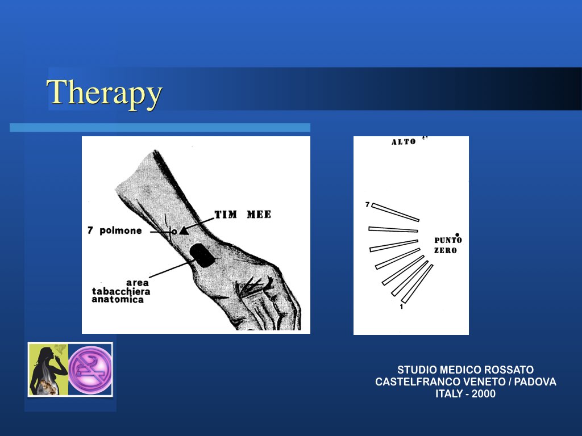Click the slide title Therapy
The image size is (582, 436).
click(x=105, y=92)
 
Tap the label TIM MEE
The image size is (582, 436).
click(x=243, y=214)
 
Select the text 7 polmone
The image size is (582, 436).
click(x=115, y=230)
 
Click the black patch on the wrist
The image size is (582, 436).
click(x=202, y=255)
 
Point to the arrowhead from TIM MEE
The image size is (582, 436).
click(x=184, y=230)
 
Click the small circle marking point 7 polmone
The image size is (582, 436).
click(x=174, y=232)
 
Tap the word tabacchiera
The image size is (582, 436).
click(x=121, y=291)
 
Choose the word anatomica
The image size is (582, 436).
click(x=118, y=300)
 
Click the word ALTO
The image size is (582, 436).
click(x=404, y=142)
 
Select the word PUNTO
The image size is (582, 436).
click(x=448, y=240)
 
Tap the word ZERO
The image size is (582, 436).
click(x=446, y=250)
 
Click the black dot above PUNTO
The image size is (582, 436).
click(x=458, y=234)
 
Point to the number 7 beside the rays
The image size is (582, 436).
click(x=368, y=204)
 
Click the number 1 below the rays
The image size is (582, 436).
click(x=401, y=307)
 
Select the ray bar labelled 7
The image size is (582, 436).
click(x=396, y=212)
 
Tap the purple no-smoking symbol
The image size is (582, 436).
click(x=90, y=370)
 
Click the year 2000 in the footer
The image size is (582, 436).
click(x=484, y=394)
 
